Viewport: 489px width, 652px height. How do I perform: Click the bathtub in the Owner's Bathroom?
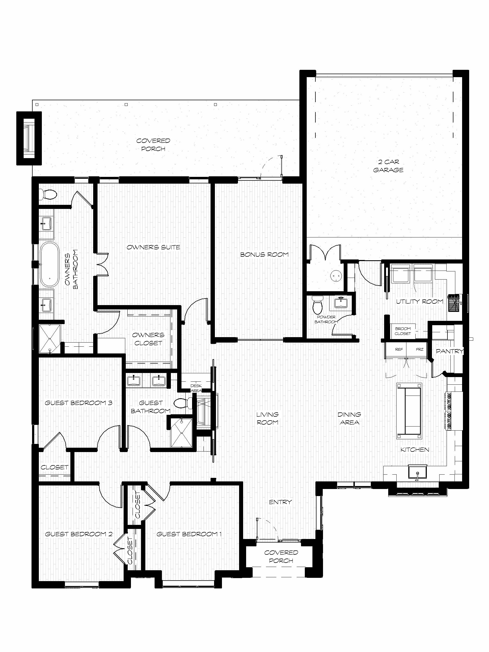(x=49, y=264)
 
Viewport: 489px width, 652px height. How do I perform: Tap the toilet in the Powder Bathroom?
(x=318, y=305)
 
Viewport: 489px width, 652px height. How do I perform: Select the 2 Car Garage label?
(x=388, y=166)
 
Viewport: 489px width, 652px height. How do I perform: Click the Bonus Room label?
(x=264, y=254)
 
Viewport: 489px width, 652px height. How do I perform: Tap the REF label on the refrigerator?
(x=399, y=349)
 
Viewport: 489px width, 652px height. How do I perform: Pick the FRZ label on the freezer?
(x=419, y=349)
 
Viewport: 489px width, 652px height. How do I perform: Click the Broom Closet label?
(x=403, y=331)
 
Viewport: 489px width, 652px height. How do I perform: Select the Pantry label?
(x=450, y=351)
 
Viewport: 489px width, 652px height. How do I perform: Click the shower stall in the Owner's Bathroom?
(x=50, y=339)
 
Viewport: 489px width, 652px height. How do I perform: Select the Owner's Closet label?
(x=148, y=339)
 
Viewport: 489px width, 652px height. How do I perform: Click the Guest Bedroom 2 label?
(x=79, y=534)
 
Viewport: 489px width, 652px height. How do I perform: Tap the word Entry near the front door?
(x=280, y=502)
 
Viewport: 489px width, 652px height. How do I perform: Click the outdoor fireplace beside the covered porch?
(x=29, y=139)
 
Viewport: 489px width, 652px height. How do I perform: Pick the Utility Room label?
(x=419, y=301)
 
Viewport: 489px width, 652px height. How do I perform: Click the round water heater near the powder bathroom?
(x=337, y=276)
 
